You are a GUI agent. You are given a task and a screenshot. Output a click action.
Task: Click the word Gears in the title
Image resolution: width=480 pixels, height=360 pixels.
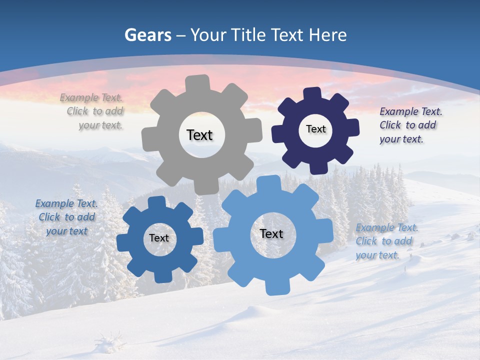147,35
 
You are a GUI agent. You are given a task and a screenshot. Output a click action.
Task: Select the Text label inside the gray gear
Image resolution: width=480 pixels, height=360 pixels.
199,135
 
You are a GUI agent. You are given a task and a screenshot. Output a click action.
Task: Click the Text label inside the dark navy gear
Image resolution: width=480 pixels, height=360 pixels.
315,129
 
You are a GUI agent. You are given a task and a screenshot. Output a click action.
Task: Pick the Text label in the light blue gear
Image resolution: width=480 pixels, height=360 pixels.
271,233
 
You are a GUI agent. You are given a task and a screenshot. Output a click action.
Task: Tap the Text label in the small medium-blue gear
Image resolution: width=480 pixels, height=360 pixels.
159,238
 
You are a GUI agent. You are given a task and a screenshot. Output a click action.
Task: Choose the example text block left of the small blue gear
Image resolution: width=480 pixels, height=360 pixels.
66,217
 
